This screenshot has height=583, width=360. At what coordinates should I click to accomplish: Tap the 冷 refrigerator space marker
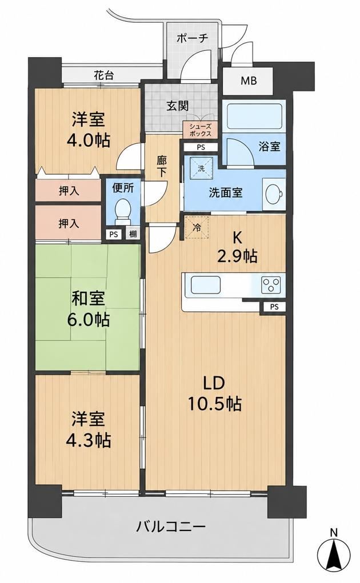pyautogui.click(x=197, y=227)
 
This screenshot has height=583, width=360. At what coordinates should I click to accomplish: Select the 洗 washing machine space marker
pyautogui.click(x=201, y=168)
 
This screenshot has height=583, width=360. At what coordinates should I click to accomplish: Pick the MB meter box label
pyautogui.click(x=249, y=81)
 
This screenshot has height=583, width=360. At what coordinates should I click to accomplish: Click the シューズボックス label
pyautogui.click(x=200, y=130)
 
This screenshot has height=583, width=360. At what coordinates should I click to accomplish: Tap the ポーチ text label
pyautogui.click(x=191, y=38)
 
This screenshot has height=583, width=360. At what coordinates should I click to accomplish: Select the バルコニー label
pyautogui.click(x=170, y=526)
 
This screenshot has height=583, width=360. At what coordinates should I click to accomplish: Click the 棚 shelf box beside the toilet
pyautogui.click(x=133, y=234)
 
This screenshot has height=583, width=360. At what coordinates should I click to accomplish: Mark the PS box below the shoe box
pyautogui.click(x=201, y=147)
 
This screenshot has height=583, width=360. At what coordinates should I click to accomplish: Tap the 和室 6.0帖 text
pyautogui.click(x=88, y=308)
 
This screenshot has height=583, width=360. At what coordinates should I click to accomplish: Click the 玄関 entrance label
pyautogui.click(x=178, y=106)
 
